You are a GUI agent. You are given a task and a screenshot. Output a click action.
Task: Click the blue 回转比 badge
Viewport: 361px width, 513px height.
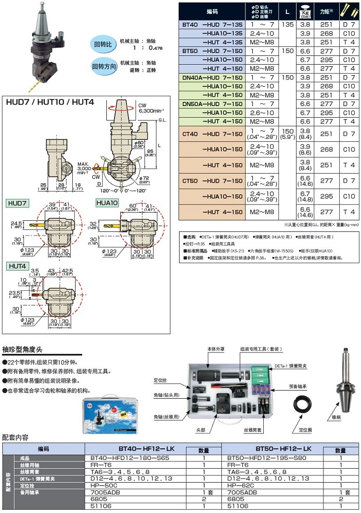click(x=103, y=44)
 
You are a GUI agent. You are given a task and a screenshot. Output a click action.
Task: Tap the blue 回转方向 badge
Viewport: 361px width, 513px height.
click(x=105, y=67)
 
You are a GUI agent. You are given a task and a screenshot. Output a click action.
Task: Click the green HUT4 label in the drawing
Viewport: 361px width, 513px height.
click(x=17, y=266)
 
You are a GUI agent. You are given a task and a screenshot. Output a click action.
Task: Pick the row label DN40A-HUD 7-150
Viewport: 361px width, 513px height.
click(x=212, y=77)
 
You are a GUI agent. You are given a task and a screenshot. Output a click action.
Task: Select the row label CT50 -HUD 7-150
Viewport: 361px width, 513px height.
click(x=212, y=181)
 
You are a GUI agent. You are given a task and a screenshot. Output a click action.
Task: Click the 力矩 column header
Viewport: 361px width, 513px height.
click(x=327, y=10)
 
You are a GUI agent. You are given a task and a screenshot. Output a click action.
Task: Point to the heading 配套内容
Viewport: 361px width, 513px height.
click(x=15, y=437)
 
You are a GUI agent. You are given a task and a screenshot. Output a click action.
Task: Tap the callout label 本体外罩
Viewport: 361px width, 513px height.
click(x=215, y=348)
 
